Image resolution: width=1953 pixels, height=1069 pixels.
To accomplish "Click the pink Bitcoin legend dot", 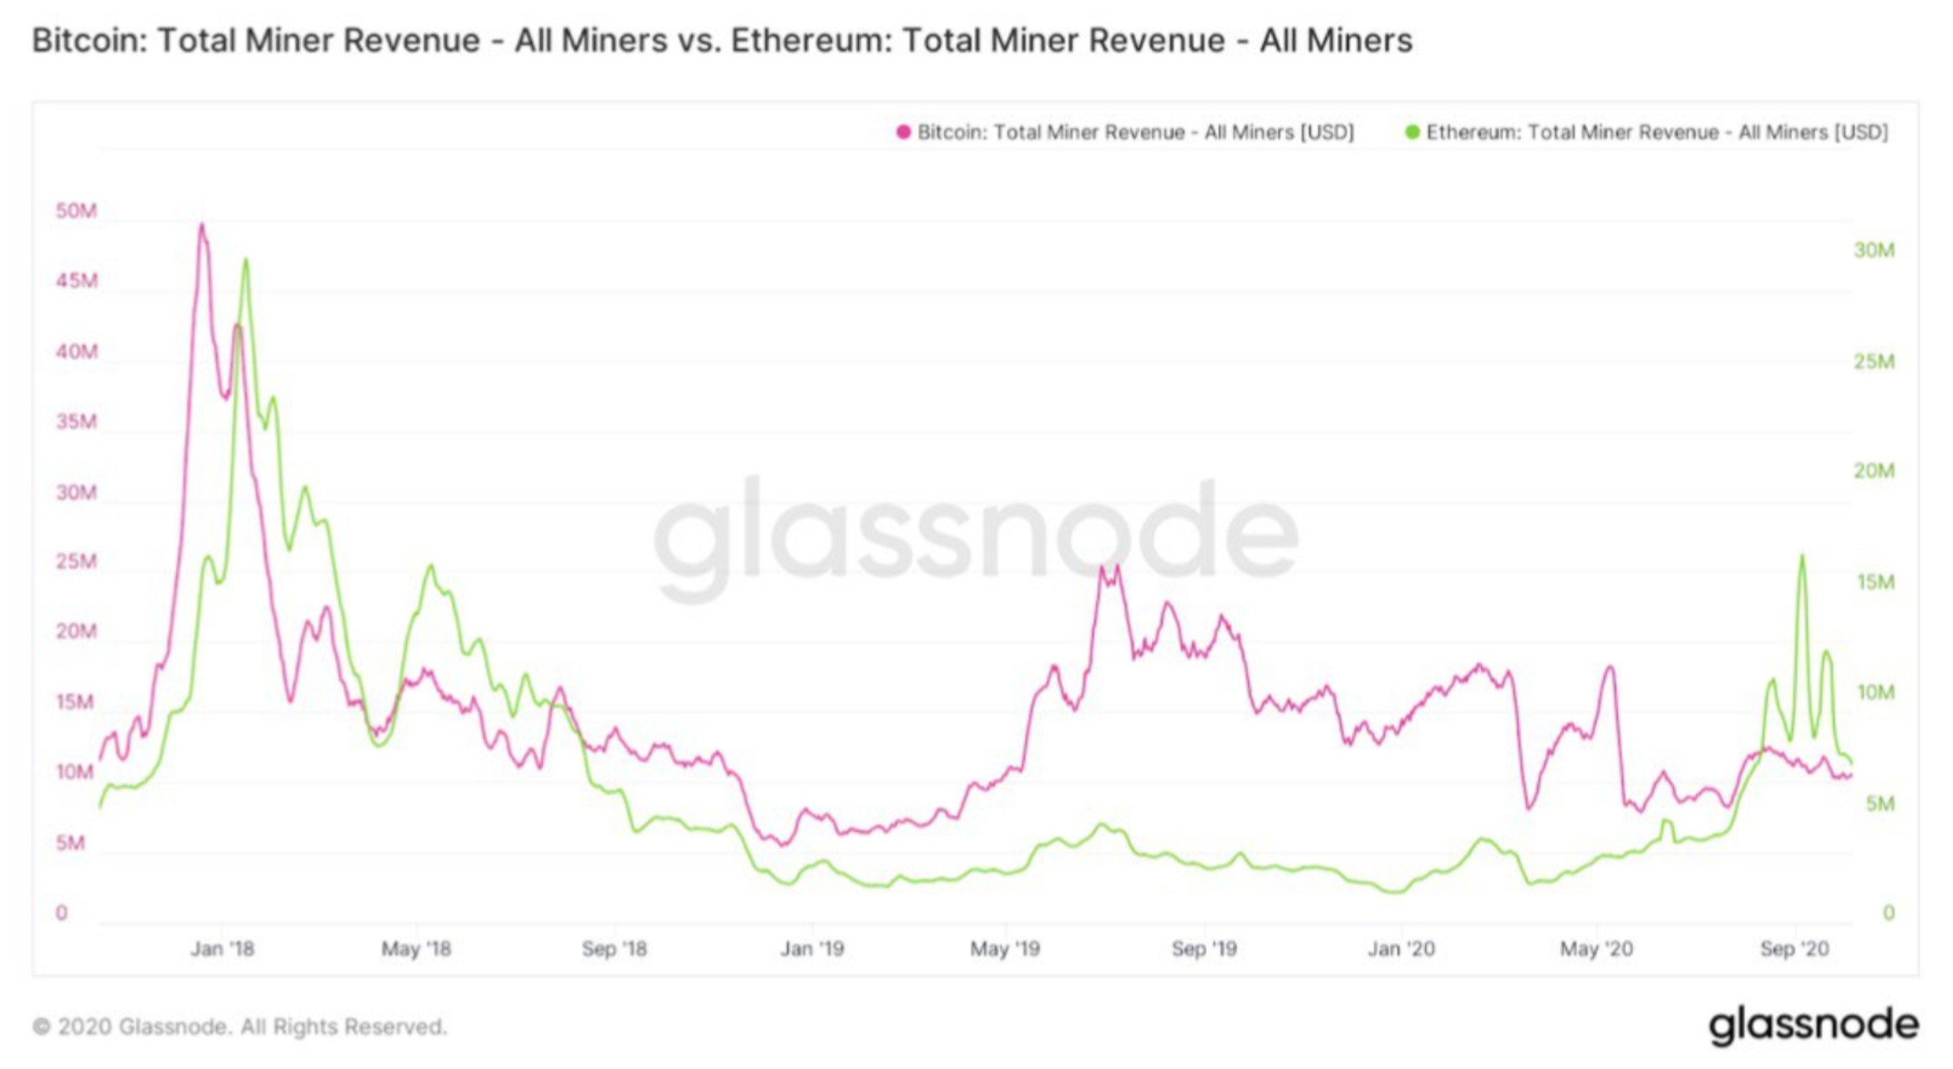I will [x=903, y=133].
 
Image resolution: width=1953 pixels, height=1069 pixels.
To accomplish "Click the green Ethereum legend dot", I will [x=1413, y=133].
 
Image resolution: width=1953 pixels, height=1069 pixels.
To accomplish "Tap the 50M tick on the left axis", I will [x=76, y=211].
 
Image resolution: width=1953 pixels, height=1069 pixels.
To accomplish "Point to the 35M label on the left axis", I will [x=76, y=422].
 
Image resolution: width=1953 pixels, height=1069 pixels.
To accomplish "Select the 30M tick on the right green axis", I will [x=1874, y=251].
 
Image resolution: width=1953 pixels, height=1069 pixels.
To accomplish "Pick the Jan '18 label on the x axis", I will [x=222, y=949].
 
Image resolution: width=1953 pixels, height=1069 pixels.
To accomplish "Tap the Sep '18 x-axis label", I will [x=614, y=949].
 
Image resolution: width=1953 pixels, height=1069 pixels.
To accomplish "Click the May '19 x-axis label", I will [x=1005, y=949].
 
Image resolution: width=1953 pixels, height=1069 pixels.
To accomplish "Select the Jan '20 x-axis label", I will [x=1401, y=949].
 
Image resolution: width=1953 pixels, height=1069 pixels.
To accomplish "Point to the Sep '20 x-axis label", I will [x=1794, y=949].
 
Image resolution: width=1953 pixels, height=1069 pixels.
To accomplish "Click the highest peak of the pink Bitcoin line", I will [x=201, y=225].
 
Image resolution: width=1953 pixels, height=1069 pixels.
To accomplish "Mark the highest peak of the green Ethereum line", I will [x=246, y=260].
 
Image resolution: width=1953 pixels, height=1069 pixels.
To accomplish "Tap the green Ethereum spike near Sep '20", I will [x=1802, y=556].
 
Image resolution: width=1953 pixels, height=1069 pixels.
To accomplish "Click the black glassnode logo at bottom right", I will [x=1813, y=1025].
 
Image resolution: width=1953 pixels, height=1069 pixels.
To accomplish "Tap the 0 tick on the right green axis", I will [x=1888, y=914].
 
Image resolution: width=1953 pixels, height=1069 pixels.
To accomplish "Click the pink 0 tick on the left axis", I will [x=62, y=914].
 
